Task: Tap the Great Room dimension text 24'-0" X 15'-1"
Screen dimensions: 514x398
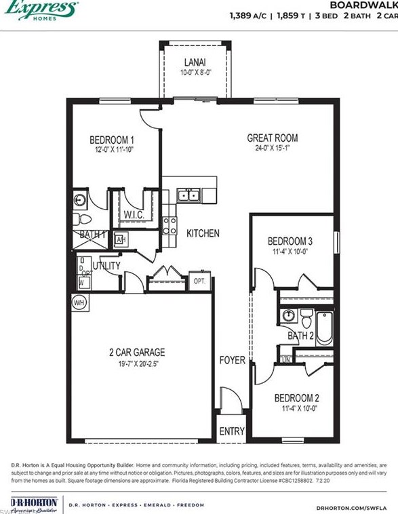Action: pos(272,149)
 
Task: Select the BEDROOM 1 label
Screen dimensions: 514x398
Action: pos(111,140)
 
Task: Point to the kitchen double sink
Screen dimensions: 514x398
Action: pos(188,195)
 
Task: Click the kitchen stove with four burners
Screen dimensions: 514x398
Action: pos(170,225)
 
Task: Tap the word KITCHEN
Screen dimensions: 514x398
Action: pos(203,233)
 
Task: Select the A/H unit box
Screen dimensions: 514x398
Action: pos(121,240)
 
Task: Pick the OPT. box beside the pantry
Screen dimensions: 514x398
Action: pos(200,281)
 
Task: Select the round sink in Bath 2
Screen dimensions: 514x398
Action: pos(290,315)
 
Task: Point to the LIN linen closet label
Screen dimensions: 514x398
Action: pos(286,359)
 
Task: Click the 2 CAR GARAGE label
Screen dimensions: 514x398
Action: pos(137,353)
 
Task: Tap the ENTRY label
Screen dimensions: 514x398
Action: pos(232,431)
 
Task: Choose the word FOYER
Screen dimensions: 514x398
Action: pos(232,360)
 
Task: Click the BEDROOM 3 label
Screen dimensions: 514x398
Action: pos(290,241)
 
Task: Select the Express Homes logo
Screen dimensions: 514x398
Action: pos(41,9)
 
